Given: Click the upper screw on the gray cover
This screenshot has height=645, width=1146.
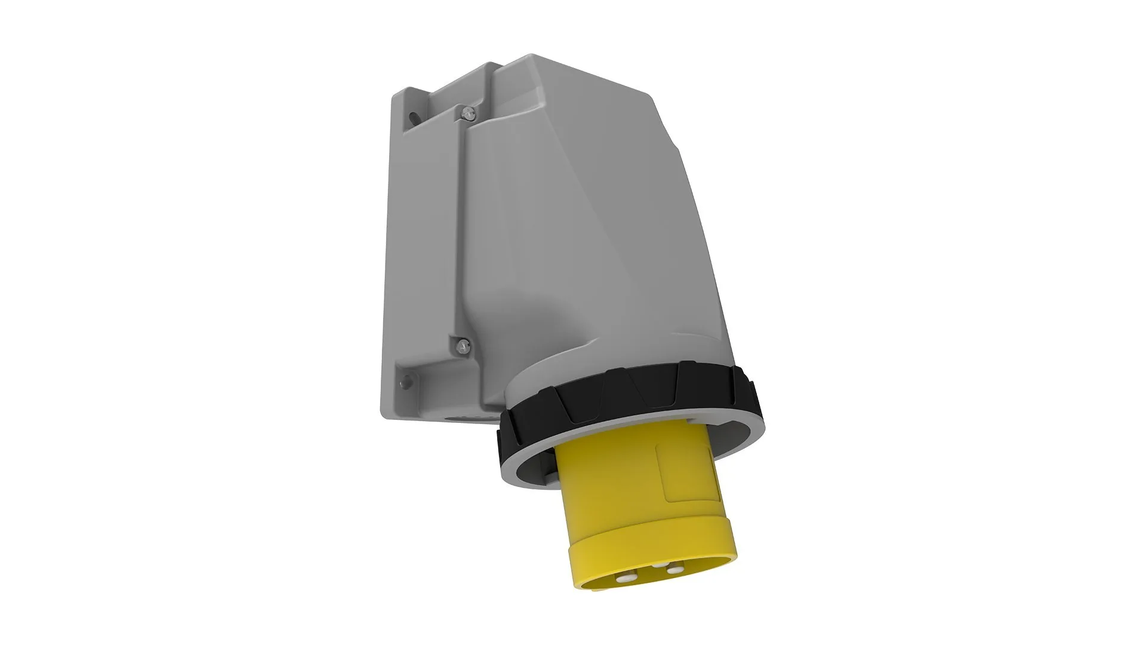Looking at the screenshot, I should click(x=467, y=111).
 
